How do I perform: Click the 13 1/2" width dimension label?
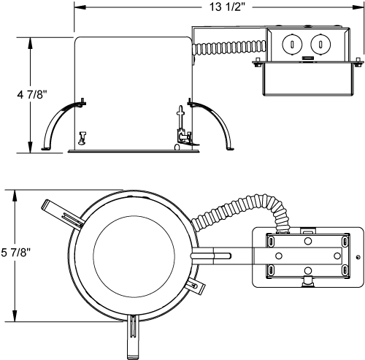pyautogui.click(x=220, y=8)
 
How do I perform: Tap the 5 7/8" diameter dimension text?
pyautogui.click(x=15, y=253)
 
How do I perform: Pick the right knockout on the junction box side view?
pyautogui.click(x=318, y=44)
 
